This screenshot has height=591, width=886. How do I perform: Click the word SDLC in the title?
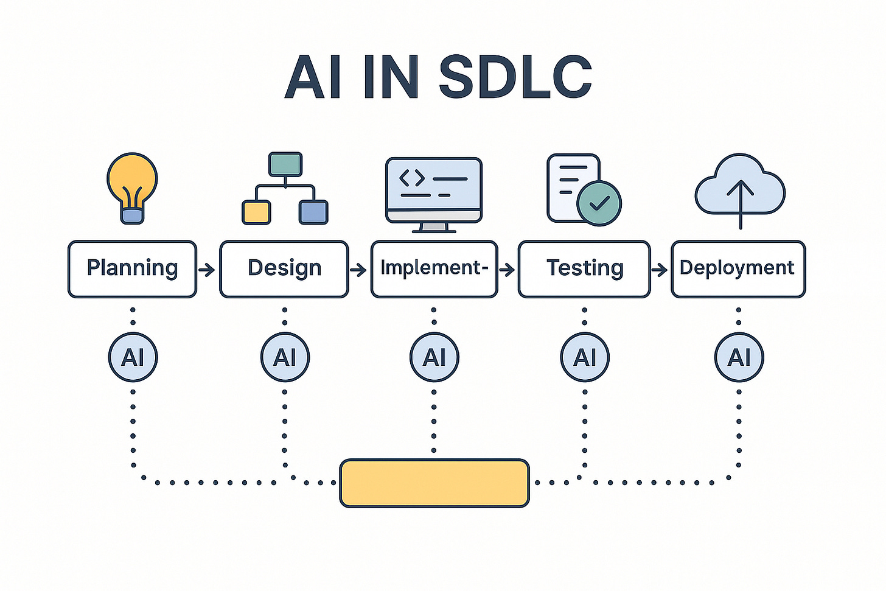point(515,77)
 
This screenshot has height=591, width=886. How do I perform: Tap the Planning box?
point(132,269)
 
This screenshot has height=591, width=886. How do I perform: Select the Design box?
point(284,269)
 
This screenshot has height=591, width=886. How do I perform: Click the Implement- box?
point(434,269)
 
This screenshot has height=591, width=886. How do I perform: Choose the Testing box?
point(584,269)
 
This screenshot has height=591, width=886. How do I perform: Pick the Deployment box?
point(738,269)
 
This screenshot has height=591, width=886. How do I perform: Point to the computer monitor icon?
point(434,191)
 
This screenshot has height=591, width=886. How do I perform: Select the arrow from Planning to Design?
point(208,269)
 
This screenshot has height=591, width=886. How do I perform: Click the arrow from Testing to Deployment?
point(660,269)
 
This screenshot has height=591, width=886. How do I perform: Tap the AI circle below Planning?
point(133,357)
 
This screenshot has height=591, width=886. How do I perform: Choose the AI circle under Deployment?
point(739,357)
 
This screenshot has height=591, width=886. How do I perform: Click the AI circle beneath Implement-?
point(434,357)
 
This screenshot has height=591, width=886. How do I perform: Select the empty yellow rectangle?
point(434,483)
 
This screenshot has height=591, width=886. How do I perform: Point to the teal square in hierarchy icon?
point(285,164)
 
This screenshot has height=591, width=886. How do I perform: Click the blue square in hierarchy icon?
point(313,212)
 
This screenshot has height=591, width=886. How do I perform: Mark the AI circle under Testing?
point(584,357)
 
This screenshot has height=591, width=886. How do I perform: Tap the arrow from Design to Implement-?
point(359,269)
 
